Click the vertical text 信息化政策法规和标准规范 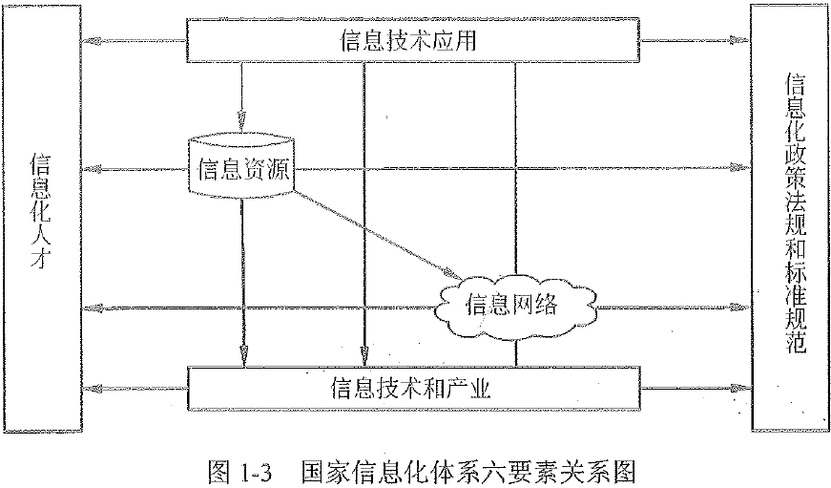(x=789, y=215)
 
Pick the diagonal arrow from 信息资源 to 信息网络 (x=372, y=229)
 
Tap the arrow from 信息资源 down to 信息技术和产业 (x=242, y=286)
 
